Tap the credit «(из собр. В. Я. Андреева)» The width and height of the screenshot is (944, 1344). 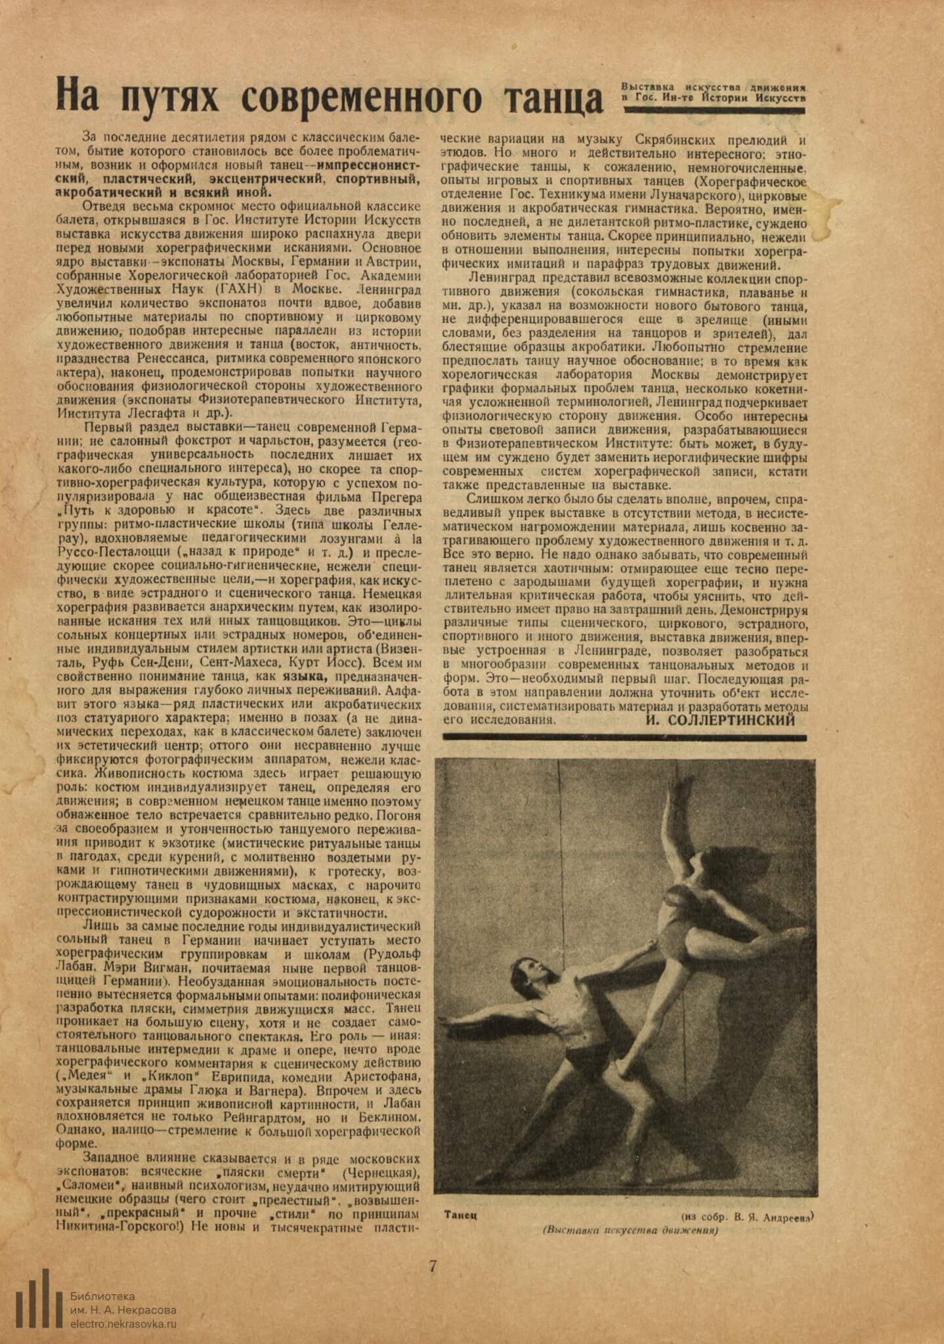[747, 1216]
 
